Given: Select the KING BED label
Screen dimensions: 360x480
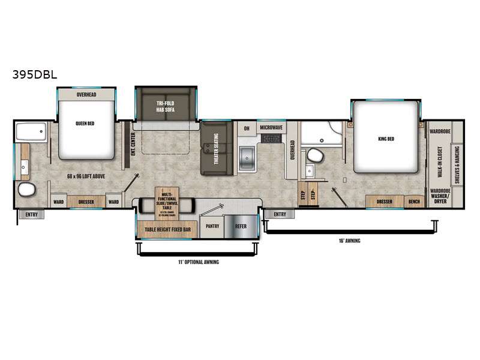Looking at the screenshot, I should pyautogui.click(x=386, y=139).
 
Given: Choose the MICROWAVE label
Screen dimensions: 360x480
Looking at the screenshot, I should pyautogui.click(x=272, y=127).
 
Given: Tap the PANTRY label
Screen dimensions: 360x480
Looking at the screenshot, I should pyautogui.click(x=212, y=226).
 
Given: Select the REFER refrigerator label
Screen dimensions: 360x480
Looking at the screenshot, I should pyautogui.click(x=241, y=226).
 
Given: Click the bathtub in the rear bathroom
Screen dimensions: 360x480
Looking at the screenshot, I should pyautogui.click(x=31, y=132).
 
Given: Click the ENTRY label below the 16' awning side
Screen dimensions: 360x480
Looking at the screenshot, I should pyautogui.click(x=280, y=214).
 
